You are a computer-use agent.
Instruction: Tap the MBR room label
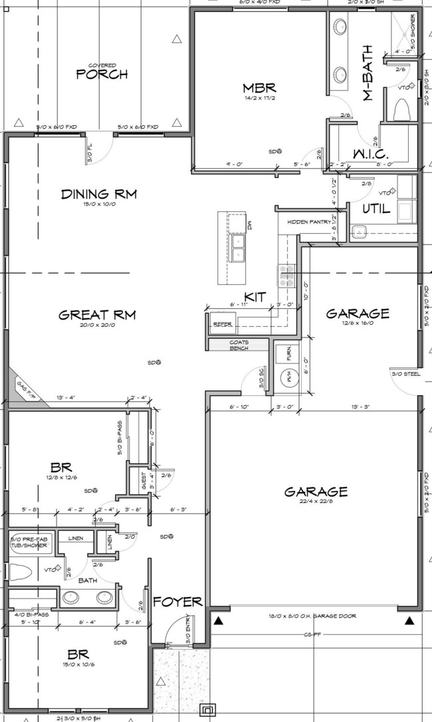pos(259,88)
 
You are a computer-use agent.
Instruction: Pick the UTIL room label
pos(376,209)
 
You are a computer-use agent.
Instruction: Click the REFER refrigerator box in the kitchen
pos(222,323)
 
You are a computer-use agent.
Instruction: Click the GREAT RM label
pos(97,315)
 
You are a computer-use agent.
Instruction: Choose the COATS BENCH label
pos(239,345)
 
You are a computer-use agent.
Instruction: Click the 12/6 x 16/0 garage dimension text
pos(357,324)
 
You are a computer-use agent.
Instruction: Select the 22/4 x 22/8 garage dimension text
pos(316,502)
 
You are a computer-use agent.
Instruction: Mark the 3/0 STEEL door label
pos(406,374)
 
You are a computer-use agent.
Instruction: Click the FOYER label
pos(177,602)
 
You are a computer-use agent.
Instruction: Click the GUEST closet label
pos(144,480)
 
